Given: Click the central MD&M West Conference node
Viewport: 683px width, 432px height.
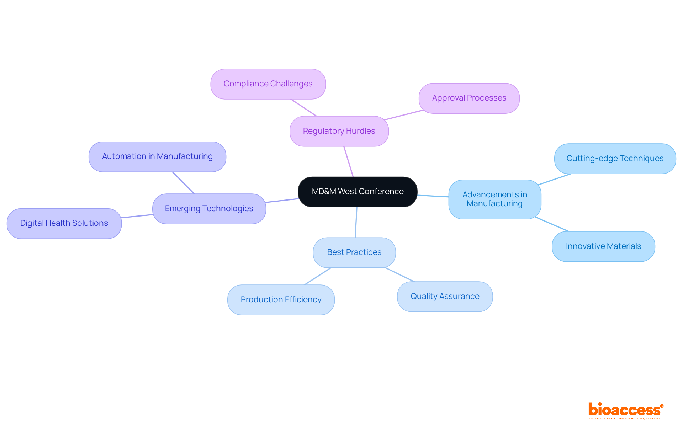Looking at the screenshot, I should click(358, 192).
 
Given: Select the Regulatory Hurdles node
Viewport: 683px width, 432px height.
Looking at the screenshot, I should click(339, 131).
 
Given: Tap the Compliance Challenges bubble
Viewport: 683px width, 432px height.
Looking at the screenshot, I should click(268, 84).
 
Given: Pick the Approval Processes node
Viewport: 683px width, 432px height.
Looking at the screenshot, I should click(469, 98).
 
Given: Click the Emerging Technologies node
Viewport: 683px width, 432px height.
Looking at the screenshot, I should click(209, 209).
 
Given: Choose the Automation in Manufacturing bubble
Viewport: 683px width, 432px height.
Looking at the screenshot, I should click(157, 156).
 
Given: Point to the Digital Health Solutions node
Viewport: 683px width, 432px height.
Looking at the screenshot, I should click(64, 223).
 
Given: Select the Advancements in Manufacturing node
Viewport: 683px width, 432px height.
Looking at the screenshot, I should click(494, 199).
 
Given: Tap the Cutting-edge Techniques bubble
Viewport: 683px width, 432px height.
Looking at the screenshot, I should click(615, 159).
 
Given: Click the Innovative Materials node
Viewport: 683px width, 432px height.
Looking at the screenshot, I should click(603, 246).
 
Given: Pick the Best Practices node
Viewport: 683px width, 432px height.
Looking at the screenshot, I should click(354, 252).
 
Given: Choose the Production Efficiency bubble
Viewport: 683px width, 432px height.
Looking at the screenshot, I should click(281, 300).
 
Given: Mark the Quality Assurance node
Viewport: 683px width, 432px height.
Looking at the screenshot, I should click(445, 297).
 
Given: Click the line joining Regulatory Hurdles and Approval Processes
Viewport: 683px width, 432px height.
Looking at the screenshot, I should click(404, 115).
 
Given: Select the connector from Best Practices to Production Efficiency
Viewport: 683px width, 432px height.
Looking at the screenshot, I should click(318, 276).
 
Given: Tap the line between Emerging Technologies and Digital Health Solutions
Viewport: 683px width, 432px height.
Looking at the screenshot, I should click(137, 216).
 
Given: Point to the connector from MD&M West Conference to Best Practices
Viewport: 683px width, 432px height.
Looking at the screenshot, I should click(356, 222).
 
